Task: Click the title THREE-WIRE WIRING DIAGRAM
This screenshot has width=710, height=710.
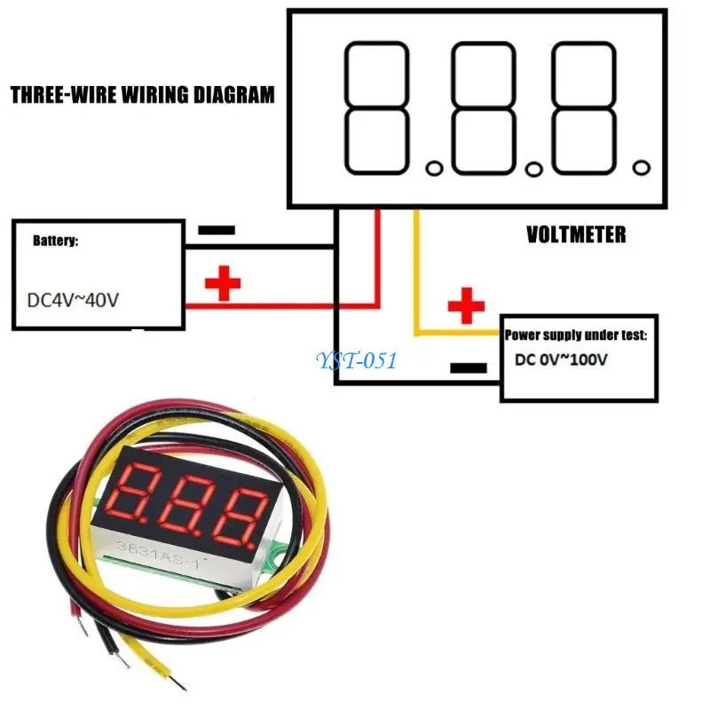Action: pyautogui.click(x=142, y=94)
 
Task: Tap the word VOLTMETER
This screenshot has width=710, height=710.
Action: pyautogui.click(x=576, y=234)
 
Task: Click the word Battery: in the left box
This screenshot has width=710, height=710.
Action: pyautogui.click(x=55, y=241)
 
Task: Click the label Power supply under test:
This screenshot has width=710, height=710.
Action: pyautogui.click(x=576, y=335)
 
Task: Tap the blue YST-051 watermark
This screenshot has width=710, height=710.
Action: pyautogui.click(x=356, y=360)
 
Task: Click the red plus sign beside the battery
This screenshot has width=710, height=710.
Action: pyautogui.click(x=223, y=284)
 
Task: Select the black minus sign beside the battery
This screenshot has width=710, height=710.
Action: pyautogui.click(x=217, y=230)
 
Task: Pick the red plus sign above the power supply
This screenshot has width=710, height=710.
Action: pyautogui.click(x=466, y=308)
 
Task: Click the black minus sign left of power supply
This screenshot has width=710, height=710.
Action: pyautogui.click(x=469, y=367)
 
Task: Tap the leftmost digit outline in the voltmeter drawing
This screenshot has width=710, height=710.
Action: pyautogui.click(x=376, y=108)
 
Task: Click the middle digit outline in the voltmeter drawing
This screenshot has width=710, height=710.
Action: pyautogui.click(x=482, y=108)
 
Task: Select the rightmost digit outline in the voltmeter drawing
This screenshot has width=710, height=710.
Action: pyautogui.click(x=584, y=108)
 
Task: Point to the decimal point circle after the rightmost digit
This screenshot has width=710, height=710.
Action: pyautogui.click(x=641, y=167)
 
